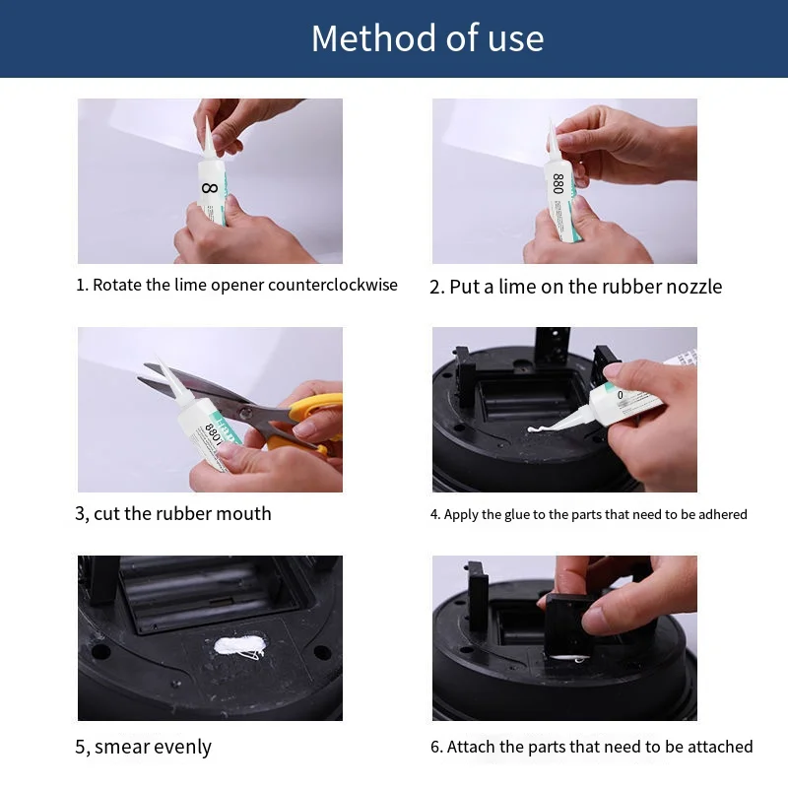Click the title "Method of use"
click(427, 38)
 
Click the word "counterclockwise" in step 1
click(333, 285)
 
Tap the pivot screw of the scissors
click(245, 414)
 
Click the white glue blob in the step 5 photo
click(239, 646)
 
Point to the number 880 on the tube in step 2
click(558, 183)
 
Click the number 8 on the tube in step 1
click(210, 188)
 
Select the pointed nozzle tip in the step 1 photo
click(207, 118)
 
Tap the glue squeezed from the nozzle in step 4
click(540, 429)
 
